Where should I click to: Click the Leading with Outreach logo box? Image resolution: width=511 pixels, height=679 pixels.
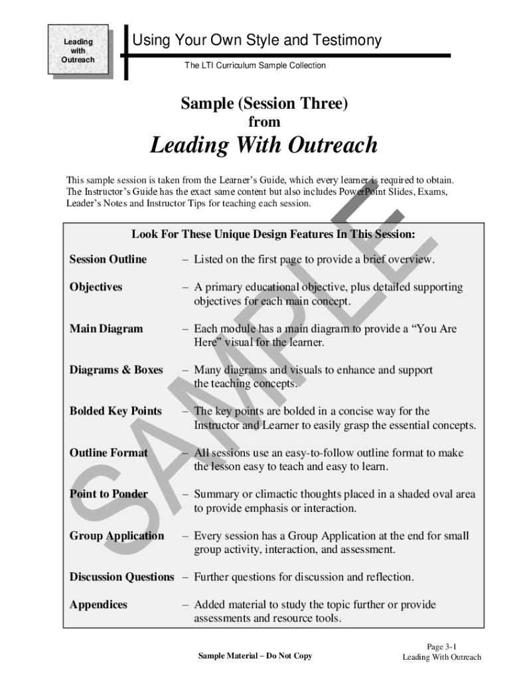point(78,50)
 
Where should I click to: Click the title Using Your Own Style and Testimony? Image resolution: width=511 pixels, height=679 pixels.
point(257,40)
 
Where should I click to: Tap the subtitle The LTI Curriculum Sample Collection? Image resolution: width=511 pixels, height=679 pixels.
point(255,66)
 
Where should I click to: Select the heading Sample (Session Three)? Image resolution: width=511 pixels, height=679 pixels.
point(264,103)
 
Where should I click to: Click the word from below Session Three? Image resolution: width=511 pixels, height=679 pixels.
point(264,122)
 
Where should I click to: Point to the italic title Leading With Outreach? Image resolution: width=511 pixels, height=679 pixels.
point(263,145)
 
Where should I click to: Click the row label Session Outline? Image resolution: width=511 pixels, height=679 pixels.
point(108,259)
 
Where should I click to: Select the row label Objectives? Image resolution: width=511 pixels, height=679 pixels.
point(96,287)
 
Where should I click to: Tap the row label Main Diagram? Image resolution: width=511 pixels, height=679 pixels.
point(106,329)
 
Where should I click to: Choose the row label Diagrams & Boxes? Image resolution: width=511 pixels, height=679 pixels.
point(116,370)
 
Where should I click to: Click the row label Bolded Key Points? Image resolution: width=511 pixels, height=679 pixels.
point(115,411)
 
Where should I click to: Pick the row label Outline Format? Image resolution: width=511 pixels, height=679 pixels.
point(109,453)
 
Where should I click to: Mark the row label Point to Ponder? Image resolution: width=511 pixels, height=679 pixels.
point(109,494)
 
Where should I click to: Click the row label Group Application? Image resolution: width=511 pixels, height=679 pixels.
point(117,536)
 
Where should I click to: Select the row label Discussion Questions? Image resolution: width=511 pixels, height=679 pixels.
point(122,577)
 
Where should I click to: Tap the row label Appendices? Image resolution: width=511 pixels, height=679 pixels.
point(98,605)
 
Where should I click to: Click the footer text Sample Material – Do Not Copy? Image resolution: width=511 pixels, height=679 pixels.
point(255,656)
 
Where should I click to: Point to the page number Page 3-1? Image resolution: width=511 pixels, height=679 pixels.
point(441,647)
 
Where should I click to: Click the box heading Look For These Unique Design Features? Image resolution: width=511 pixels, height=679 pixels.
point(273,234)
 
